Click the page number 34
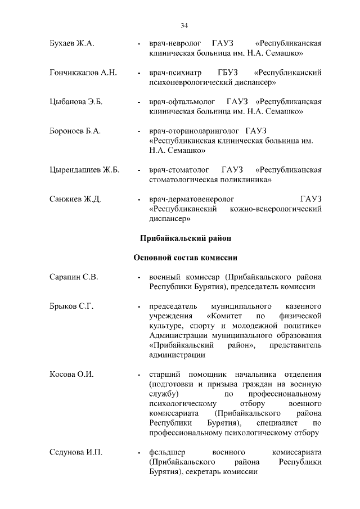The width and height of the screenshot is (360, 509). click(184, 25)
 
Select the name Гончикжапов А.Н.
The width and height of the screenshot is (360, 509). click(83, 73)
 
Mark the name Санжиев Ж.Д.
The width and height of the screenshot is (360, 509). click(75, 199)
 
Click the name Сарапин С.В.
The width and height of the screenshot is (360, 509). click(74, 277)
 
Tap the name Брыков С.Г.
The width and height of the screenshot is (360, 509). click(71, 307)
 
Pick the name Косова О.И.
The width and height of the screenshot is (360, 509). click(71, 374)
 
